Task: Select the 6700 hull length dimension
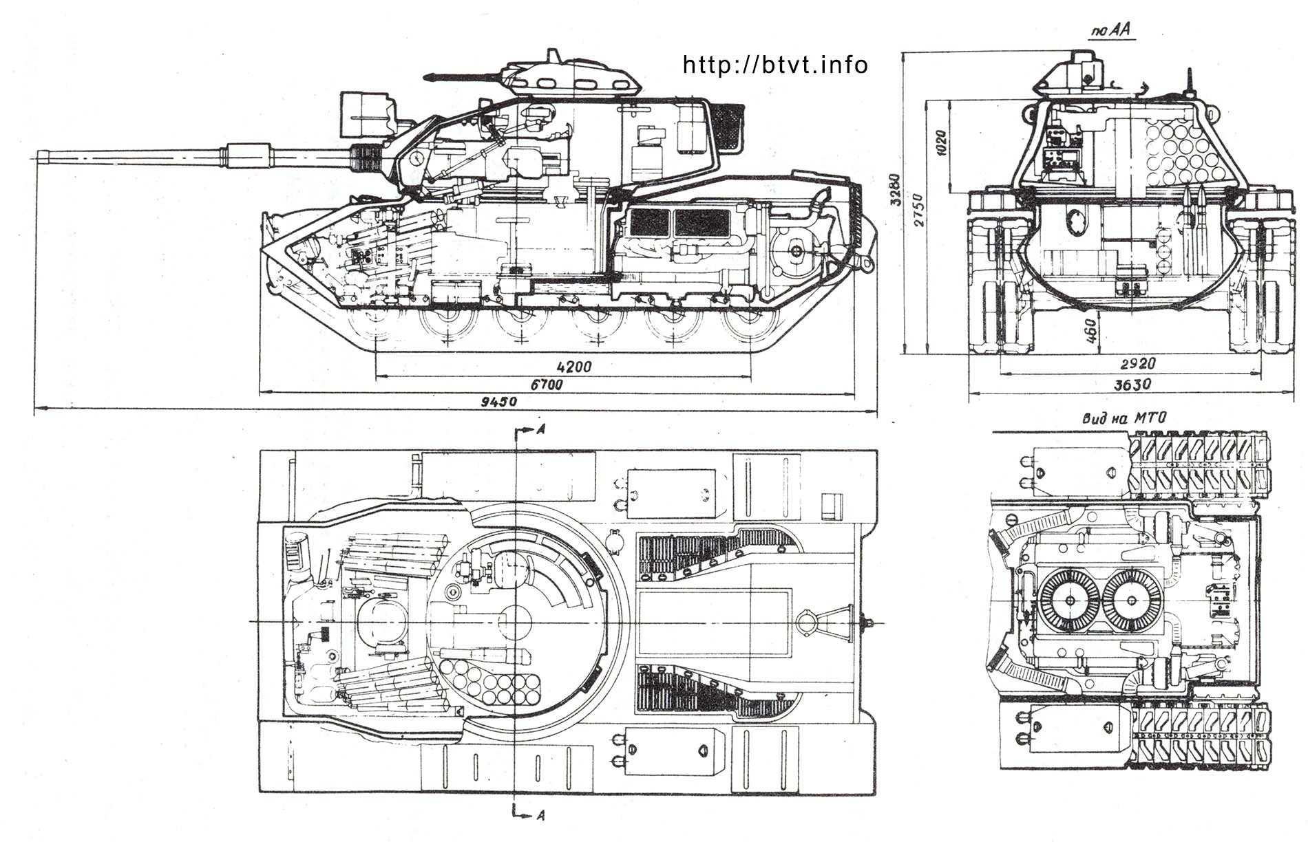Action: tap(547, 385)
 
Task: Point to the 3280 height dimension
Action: tap(894, 199)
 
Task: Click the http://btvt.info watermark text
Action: tap(775, 65)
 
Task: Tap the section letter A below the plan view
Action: tap(542, 816)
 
